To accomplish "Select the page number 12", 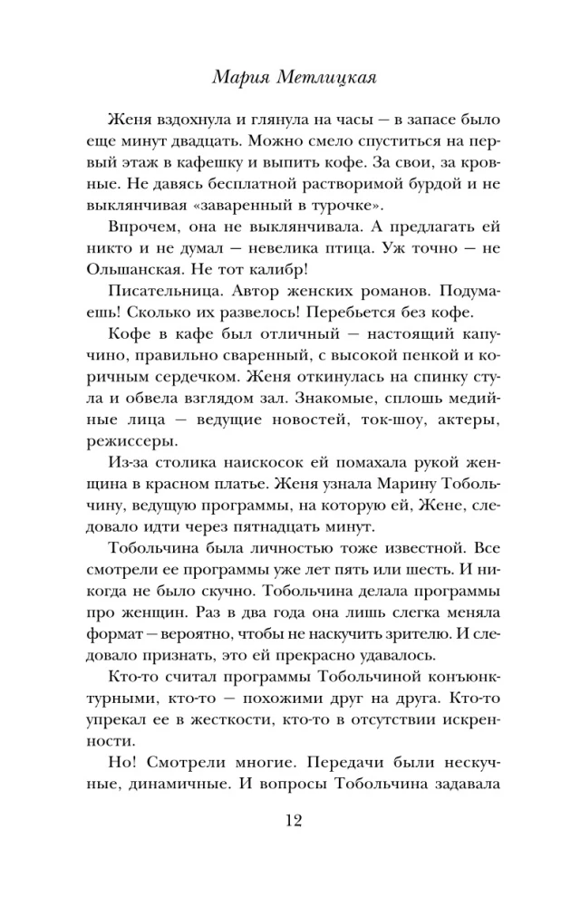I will point(281,822).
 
